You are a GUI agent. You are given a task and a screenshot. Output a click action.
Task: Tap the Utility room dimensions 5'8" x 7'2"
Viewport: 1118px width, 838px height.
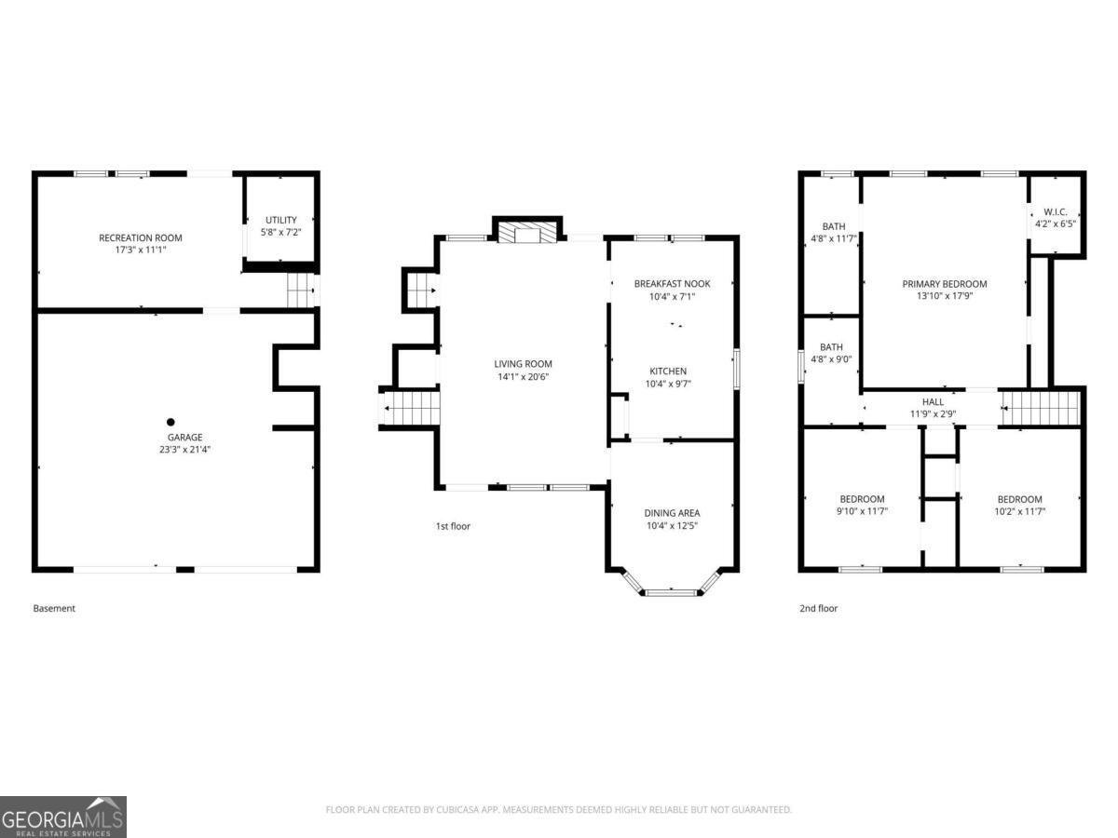pos(280,231)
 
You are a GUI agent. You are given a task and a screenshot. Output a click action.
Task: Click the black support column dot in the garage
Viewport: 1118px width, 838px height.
pos(170,422)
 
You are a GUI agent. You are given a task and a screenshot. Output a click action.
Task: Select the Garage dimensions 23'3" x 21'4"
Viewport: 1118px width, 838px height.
pos(184,449)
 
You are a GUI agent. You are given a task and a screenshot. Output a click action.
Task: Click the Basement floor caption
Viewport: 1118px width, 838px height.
pos(54,608)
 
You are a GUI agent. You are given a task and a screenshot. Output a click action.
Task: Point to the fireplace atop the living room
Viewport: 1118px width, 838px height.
pos(528,232)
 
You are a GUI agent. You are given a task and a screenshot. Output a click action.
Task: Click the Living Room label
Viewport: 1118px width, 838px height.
pos(523,364)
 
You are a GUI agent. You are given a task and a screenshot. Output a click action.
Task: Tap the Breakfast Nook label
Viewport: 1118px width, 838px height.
pos(672,283)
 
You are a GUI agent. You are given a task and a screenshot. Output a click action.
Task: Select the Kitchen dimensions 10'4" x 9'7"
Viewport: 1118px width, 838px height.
pos(668,384)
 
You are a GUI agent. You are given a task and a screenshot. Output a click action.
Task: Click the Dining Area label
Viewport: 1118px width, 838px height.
pos(672,513)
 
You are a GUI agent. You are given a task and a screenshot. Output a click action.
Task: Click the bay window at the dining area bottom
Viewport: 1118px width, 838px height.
pos(672,590)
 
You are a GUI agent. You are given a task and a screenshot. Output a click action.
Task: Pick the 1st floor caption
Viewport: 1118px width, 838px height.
pos(453,526)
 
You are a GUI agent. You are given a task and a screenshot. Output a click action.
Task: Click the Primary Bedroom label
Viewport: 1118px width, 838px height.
pos(944,284)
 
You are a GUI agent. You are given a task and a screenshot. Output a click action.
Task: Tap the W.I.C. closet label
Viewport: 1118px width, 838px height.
pos(1055,211)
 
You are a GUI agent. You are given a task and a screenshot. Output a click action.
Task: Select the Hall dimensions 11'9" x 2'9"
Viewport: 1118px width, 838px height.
pos(933,414)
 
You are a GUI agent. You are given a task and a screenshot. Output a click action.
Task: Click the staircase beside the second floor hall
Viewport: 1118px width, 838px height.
pos(1040,409)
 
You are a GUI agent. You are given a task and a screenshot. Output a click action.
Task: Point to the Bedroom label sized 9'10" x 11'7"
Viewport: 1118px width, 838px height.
pos(862,499)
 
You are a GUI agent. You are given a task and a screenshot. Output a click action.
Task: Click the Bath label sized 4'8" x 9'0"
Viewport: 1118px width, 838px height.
pos(831,347)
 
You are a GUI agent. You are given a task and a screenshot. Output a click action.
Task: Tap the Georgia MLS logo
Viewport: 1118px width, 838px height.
pos(62,817)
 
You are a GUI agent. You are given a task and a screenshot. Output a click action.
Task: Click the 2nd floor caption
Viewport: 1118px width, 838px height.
pos(818,608)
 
